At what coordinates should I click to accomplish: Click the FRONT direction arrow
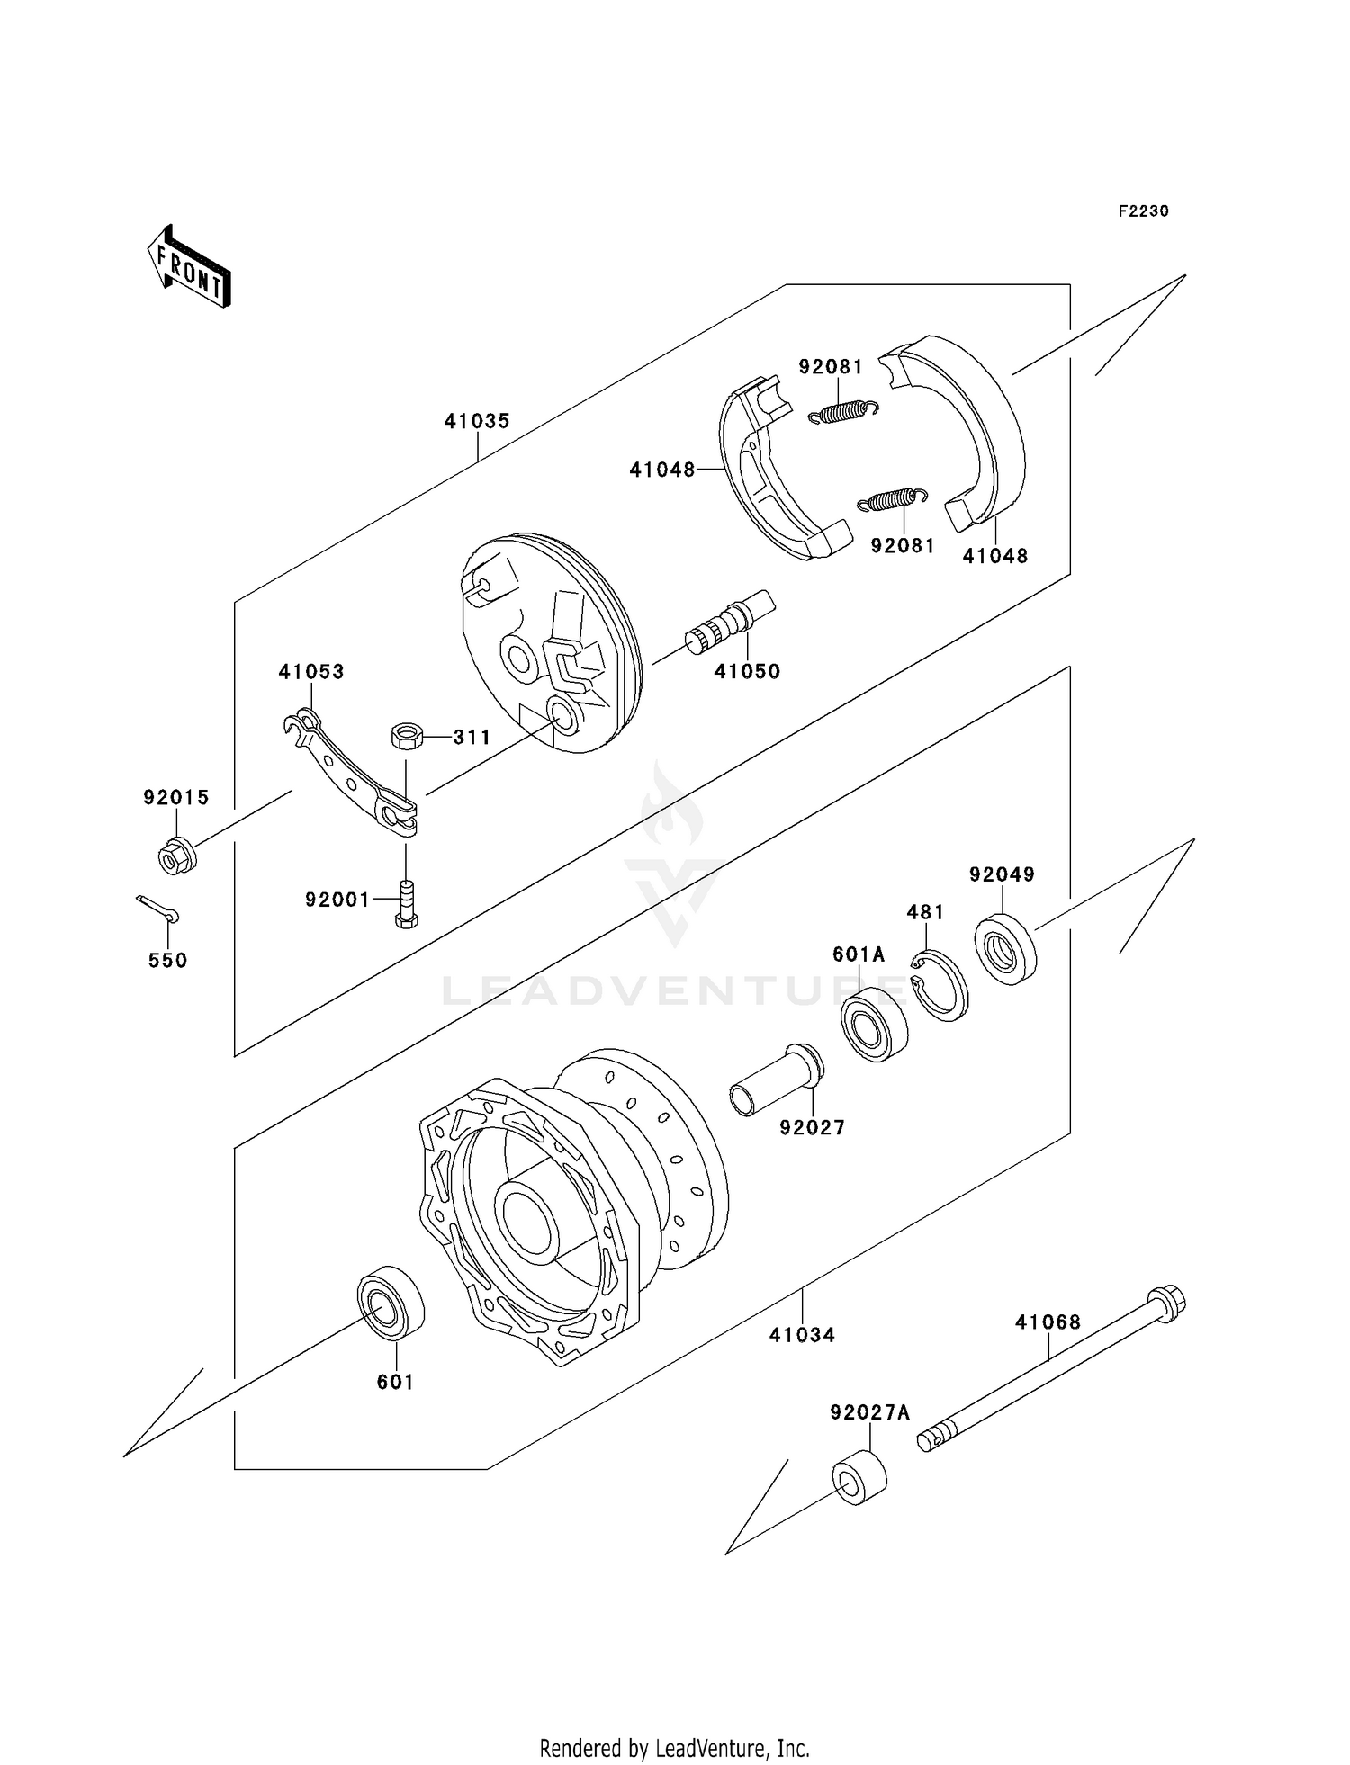(190, 267)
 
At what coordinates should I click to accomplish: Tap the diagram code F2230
(1143, 211)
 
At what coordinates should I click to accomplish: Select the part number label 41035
(476, 421)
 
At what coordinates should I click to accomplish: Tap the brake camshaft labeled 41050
(730, 621)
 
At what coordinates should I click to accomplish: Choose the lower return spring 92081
(891, 499)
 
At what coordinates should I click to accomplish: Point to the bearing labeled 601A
(874, 1024)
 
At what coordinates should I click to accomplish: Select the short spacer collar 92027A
(859, 1477)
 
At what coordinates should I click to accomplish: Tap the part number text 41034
(802, 1335)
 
